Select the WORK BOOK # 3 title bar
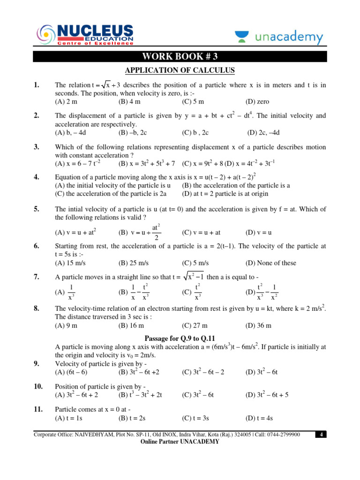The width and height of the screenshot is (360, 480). (x=180, y=57)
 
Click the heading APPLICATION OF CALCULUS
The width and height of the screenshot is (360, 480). (x=180, y=70)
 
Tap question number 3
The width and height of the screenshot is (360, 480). (x=36, y=147)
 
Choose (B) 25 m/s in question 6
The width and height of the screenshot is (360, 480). (x=133, y=263)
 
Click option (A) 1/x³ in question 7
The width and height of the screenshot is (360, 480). (x=66, y=292)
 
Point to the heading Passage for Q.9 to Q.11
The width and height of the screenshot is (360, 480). (x=180, y=338)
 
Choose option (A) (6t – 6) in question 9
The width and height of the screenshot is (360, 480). (x=71, y=372)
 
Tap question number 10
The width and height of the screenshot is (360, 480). (x=38, y=386)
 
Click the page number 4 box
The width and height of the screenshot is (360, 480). (x=321, y=435)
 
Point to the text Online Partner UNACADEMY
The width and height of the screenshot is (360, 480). (x=180, y=442)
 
